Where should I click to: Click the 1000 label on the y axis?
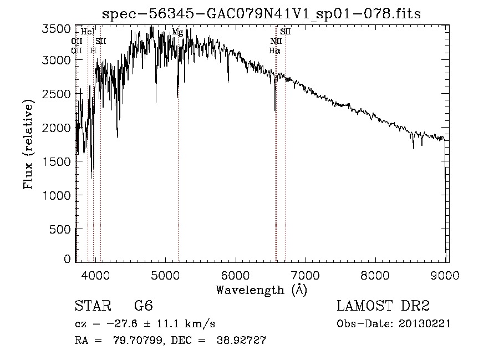[57, 196]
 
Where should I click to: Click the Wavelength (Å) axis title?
[261, 289]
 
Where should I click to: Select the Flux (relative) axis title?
[28, 144]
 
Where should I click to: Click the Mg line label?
[177, 32]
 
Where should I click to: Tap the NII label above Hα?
[276, 42]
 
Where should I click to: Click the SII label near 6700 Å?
[285, 32]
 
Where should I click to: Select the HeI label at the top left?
[88, 32]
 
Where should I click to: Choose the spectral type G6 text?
[143, 306]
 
